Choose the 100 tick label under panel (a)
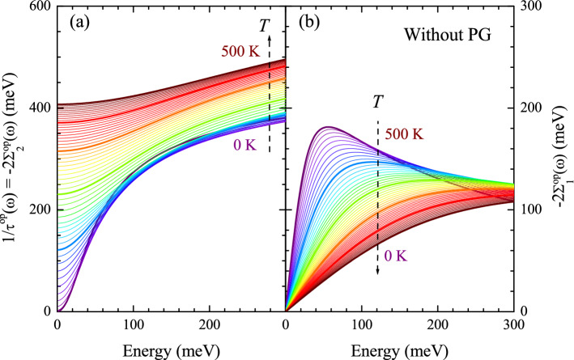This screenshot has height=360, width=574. point(133,323)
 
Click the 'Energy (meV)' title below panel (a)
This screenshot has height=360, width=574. point(170,346)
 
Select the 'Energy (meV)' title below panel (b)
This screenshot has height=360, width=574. point(399,346)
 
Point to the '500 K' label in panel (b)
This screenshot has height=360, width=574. point(406,134)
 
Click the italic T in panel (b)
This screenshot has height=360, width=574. point(377,103)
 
